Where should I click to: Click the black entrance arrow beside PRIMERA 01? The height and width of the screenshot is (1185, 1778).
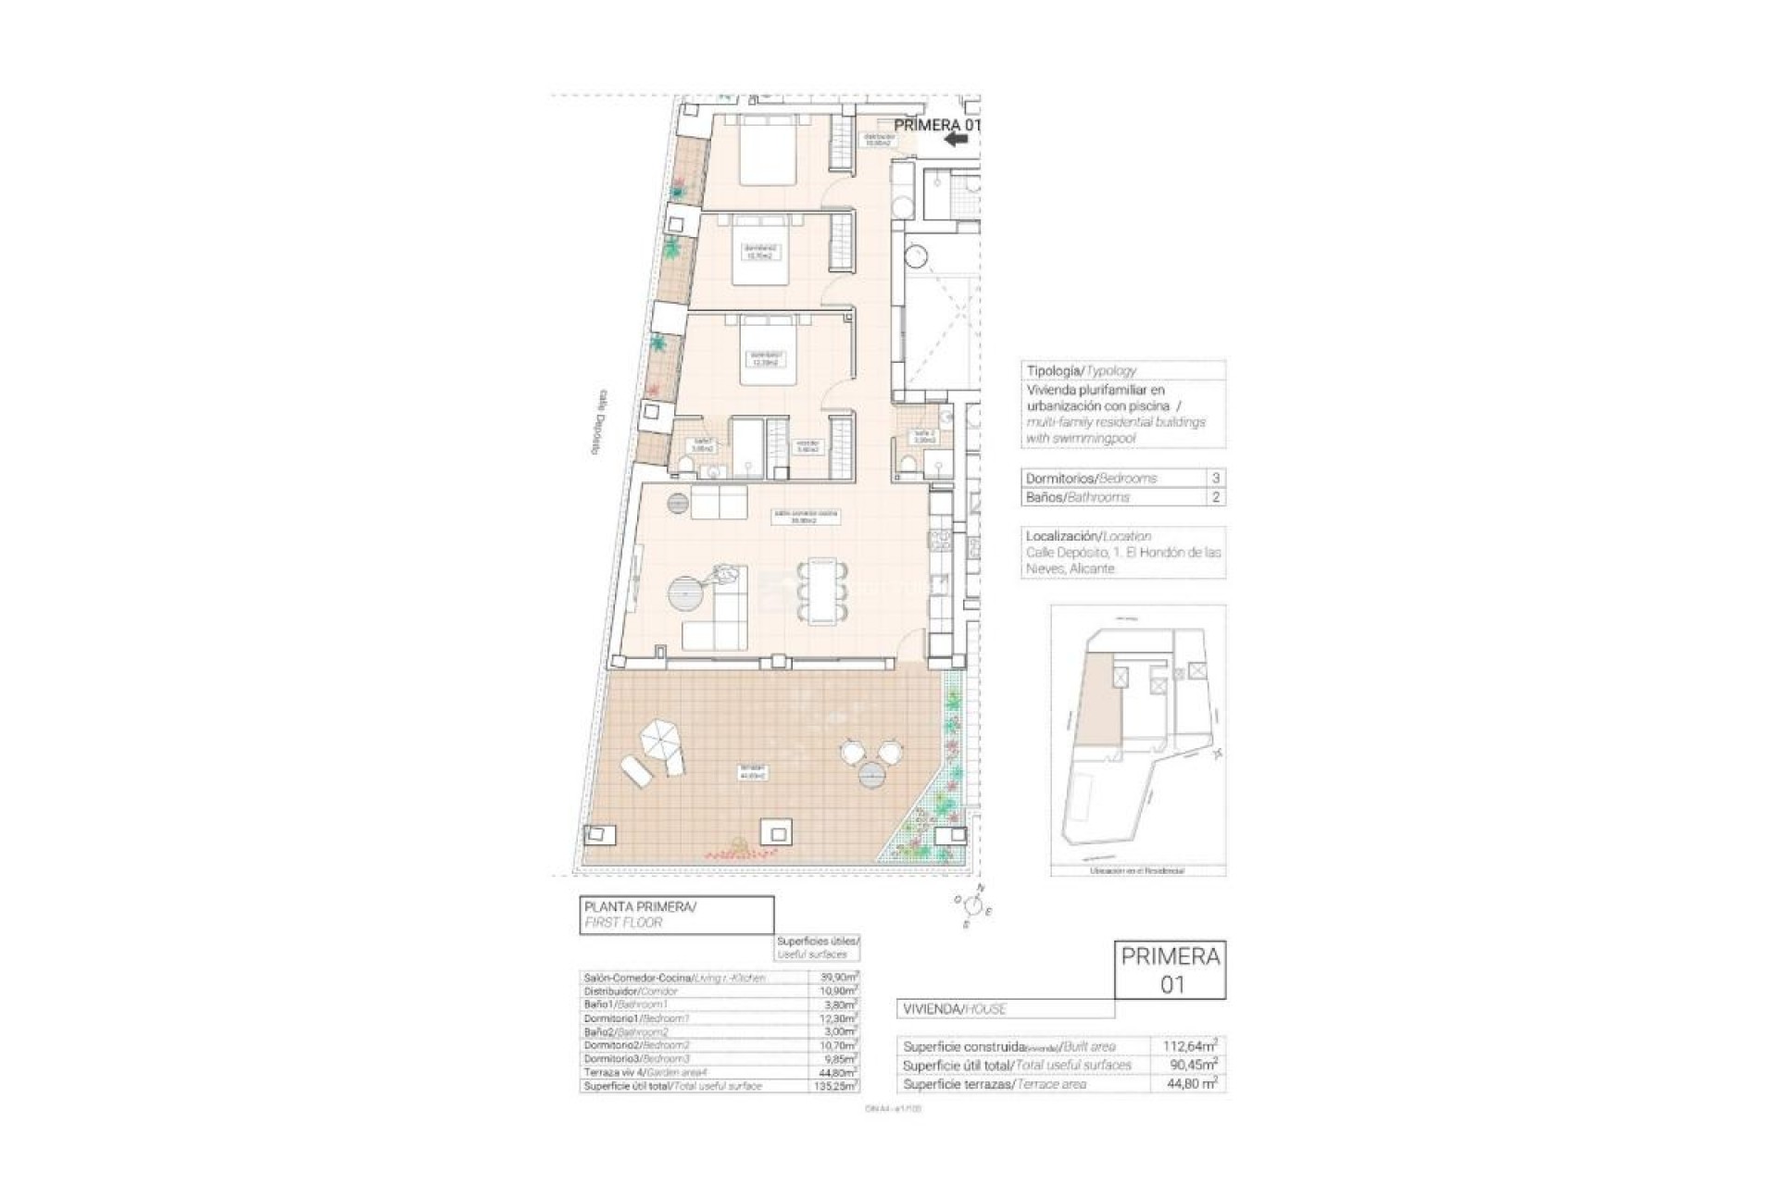click(x=956, y=140)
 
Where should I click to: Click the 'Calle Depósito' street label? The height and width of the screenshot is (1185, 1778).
click(x=601, y=421)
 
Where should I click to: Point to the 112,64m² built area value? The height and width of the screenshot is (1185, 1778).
click(x=1189, y=1046)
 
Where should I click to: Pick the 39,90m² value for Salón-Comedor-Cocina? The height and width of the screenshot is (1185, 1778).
click(x=839, y=978)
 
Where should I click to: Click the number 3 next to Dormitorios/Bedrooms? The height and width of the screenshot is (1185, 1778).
click(x=1216, y=479)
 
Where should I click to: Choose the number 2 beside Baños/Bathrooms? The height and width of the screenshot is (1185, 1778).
click(x=1216, y=497)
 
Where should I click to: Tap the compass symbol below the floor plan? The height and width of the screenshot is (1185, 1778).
click(x=973, y=903)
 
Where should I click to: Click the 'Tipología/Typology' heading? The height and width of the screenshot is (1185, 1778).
click(x=1081, y=370)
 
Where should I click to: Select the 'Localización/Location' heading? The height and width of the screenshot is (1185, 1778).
click(x=1088, y=536)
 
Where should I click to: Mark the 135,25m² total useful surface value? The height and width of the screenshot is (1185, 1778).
click(x=839, y=1085)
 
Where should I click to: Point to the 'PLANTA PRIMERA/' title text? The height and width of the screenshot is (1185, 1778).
click(x=639, y=907)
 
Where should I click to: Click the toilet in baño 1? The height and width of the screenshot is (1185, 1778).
click(x=713, y=473)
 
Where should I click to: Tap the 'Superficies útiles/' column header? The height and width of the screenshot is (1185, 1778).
click(x=818, y=941)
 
